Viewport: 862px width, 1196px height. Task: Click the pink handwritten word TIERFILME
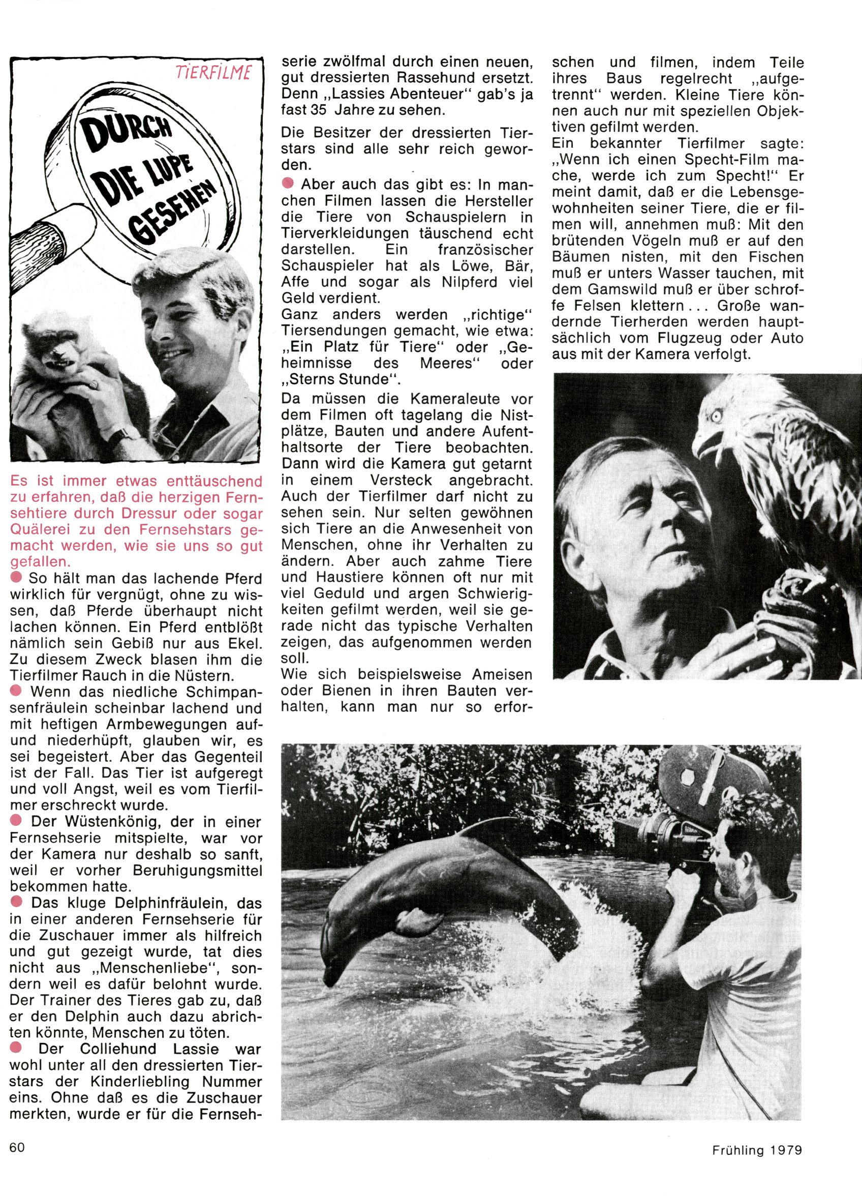click(213, 73)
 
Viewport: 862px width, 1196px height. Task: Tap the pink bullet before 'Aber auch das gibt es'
click(288, 184)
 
